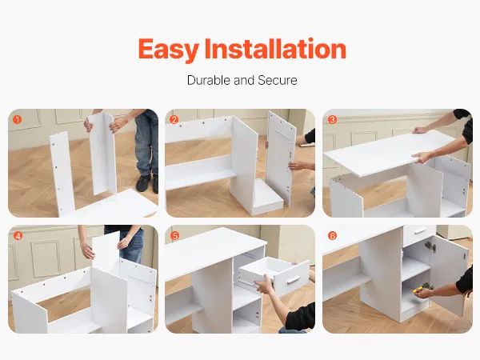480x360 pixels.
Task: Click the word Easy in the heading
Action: tap(168, 50)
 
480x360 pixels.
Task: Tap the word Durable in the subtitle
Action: tap(208, 80)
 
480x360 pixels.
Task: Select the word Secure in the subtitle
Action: tap(278, 80)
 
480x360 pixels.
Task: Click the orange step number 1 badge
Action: tap(18, 119)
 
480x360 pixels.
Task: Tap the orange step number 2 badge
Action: tap(174, 119)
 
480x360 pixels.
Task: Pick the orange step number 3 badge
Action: tap(332, 119)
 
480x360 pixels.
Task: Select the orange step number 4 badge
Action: tap(18, 236)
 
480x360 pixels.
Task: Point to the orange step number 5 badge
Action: tap(174, 236)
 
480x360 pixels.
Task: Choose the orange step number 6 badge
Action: tap(332, 236)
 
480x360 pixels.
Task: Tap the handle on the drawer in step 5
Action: tap(294, 280)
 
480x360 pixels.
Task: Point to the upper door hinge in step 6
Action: tap(430, 246)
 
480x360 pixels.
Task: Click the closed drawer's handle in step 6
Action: tap(420, 231)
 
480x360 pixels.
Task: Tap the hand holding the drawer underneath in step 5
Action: tap(265, 285)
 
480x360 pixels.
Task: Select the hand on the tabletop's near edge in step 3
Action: tap(422, 158)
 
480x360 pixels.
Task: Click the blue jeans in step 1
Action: tap(146, 143)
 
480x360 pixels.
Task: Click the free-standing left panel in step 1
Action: tap(62, 174)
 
